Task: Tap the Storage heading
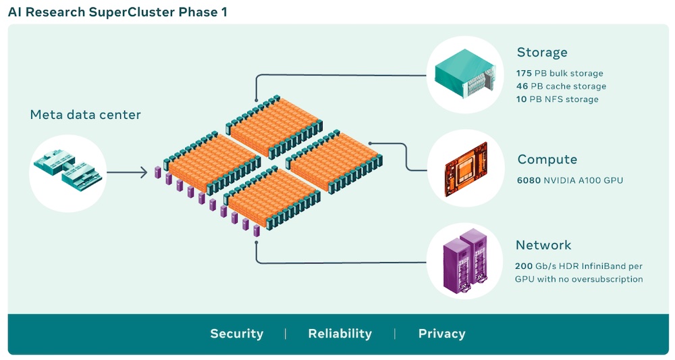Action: tap(542, 53)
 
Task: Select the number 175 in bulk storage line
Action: tap(524, 73)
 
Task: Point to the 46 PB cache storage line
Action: tap(561, 86)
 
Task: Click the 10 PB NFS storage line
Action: tap(557, 99)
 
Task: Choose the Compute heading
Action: tap(547, 160)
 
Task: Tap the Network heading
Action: tap(543, 245)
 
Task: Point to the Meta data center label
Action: tap(85, 115)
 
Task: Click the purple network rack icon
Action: tap(465, 263)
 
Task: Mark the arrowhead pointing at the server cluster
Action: tap(144, 173)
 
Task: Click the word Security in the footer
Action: tap(236, 334)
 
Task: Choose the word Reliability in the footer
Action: tap(340, 334)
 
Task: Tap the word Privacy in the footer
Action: tap(441, 334)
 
